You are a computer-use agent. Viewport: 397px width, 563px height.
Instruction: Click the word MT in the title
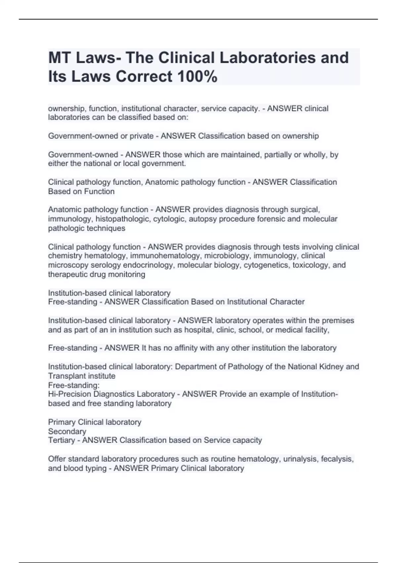click(x=59, y=58)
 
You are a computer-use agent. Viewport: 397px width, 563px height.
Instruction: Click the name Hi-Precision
click(x=69, y=394)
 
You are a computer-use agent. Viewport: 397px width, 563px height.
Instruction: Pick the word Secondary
click(x=67, y=431)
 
